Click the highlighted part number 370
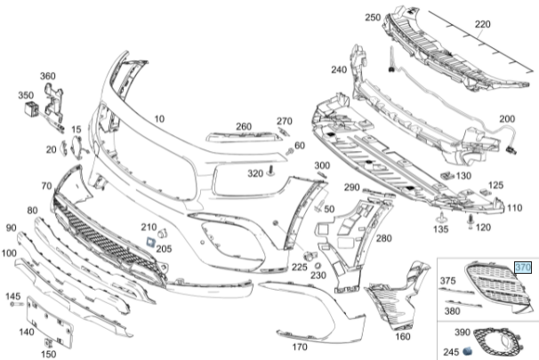pos(523,267)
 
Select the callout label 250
pos(372,17)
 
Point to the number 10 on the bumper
pos(159,118)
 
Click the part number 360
pos(47,76)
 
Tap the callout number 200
pos(507,119)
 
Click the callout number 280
pos(383,238)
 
